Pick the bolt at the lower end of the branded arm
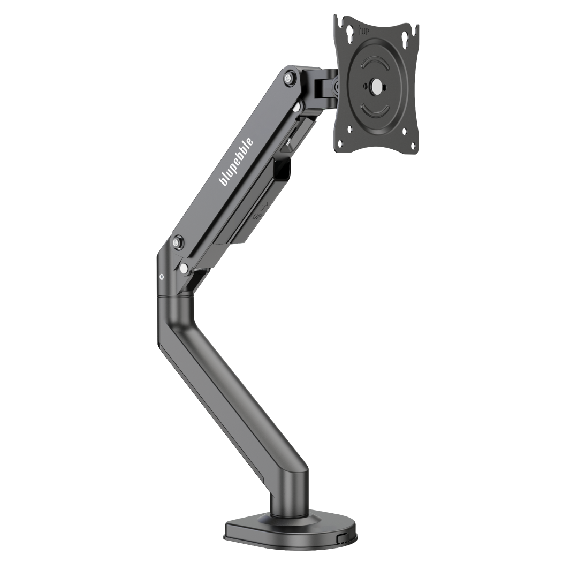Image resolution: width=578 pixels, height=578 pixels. [x=177, y=244]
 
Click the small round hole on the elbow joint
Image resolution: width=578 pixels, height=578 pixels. [x=162, y=277]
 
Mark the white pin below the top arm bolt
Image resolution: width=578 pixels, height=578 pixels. [x=295, y=108]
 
